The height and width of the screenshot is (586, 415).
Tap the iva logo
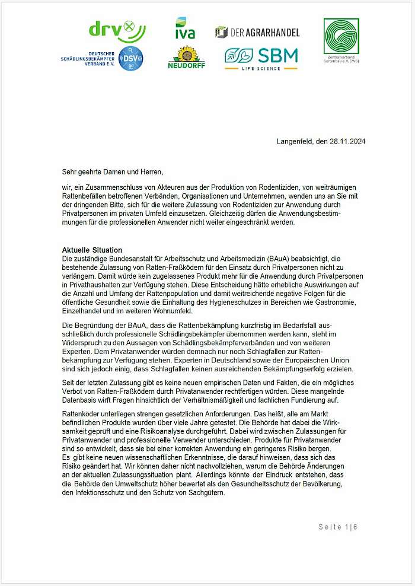(x=185, y=29)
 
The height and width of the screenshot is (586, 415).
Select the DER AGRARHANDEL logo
(x=257, y=32)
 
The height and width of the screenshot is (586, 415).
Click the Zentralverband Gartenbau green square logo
(x=341, y=37)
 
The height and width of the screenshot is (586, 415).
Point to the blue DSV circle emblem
(x=130, y=58)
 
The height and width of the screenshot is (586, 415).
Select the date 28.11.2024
(x=348, y=141)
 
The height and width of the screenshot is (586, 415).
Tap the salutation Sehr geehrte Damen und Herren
(x=112, y=172)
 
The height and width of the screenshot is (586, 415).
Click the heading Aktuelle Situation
(x=92, y=250)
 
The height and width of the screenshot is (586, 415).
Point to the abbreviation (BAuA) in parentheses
(x=279, y=259)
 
